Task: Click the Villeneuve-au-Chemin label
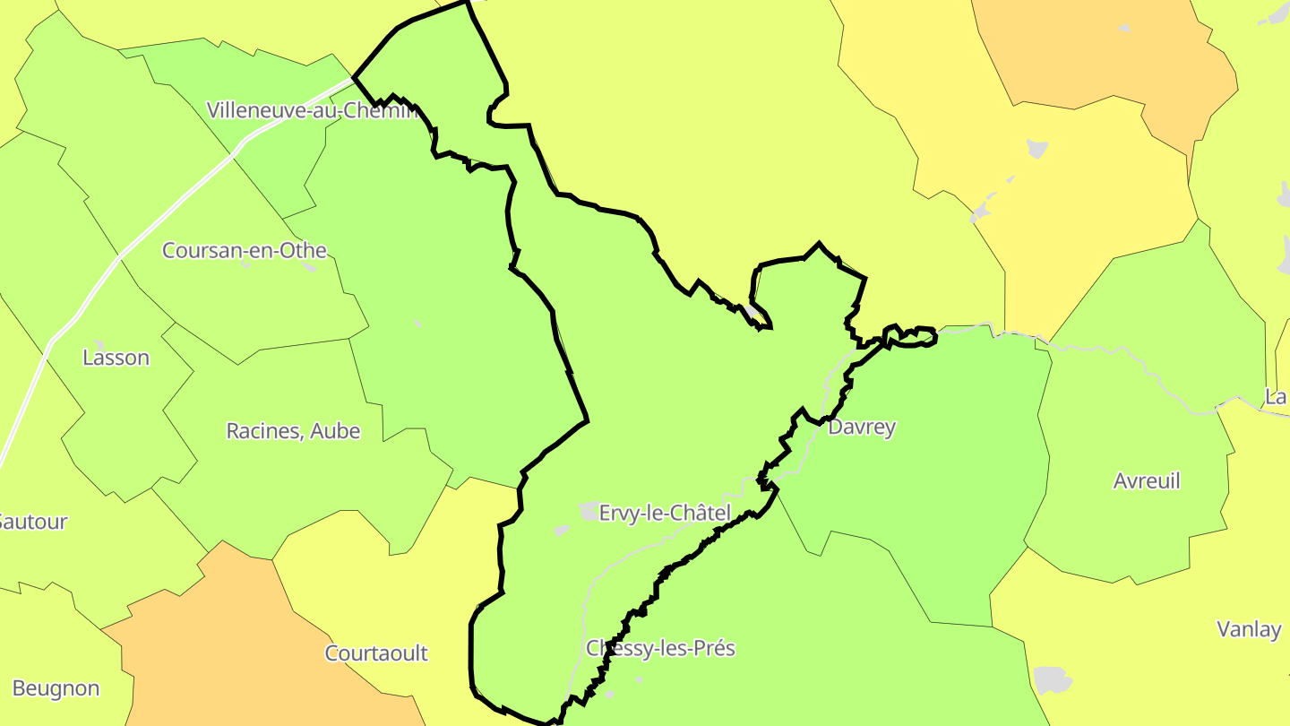coord(312,110)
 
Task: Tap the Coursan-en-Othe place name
coord(244,250)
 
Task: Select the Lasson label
coord(116,358)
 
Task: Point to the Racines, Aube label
coord(293,431)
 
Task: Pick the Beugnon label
coord(56,688)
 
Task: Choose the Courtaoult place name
coord(376,653)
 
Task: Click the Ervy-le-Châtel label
coord(665,514)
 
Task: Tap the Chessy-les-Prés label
coord(660,648)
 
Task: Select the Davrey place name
coord(861,428)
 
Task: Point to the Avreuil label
coord(1147,481)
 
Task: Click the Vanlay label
coord(1249,629)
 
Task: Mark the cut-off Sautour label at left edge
coord(33,522)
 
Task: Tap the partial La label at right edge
coord(1276,396)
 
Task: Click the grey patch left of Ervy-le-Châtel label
coord(589,512)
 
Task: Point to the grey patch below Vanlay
coord(1052,678)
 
